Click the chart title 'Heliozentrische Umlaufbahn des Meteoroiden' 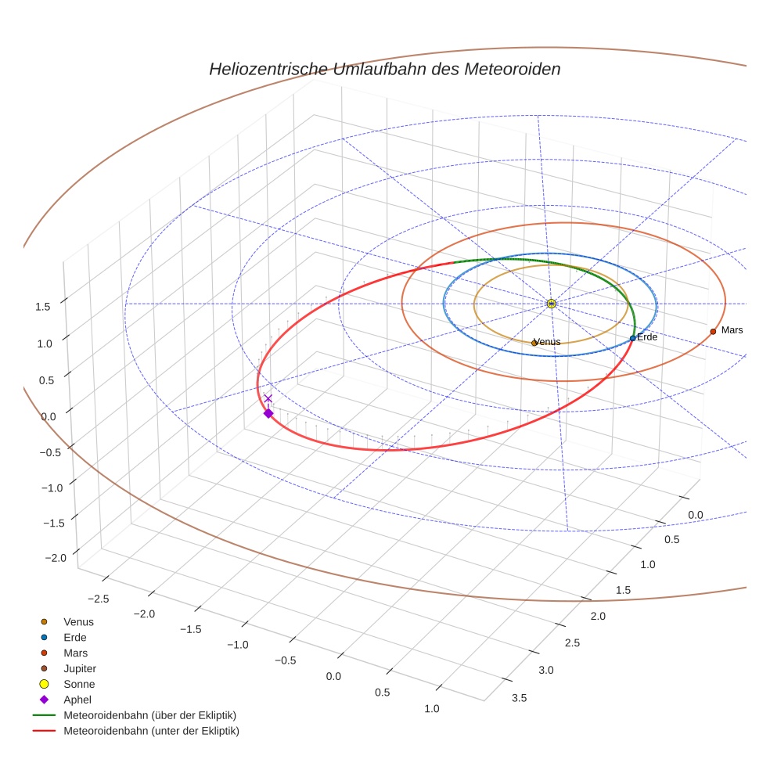(x=384, y=69)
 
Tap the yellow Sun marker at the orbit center (x=552, y=304)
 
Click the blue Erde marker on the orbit (x=632, y=338)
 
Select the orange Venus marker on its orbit (x=534, y=343)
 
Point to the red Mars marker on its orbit (x=713, y=332)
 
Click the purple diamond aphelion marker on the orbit (x=268, y=413)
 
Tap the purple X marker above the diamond (x=268, y=399)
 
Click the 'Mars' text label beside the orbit (x=732, y=330)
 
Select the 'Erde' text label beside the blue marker (x=647, y=336)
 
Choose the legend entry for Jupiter (x=80, y=669)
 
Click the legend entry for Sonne (x=79, y=685)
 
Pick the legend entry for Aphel (x=77, y=700)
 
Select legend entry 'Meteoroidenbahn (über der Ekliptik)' (x=149, y=716)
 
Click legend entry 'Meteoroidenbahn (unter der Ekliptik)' (x=151, y=732)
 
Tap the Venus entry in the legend (x=78, y=622)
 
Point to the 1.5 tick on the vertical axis (x=43, y=307)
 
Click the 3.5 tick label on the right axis (x=519, y=698)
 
